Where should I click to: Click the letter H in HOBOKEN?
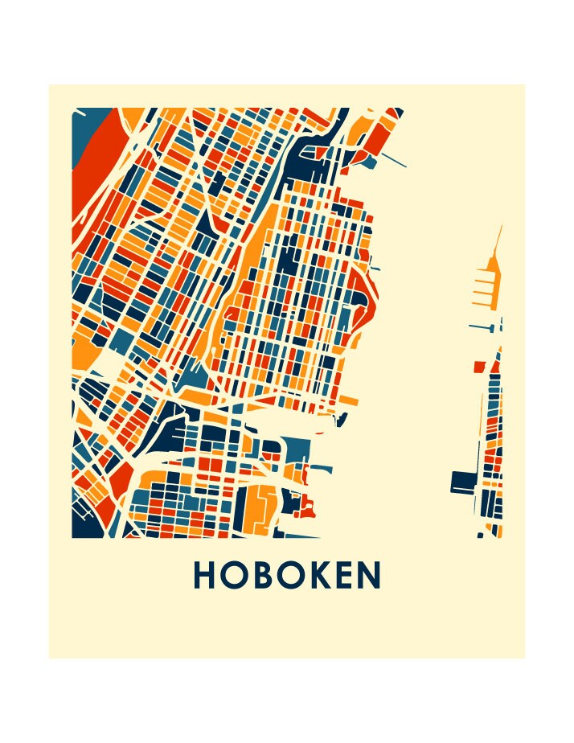204,575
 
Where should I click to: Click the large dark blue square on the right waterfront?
463,482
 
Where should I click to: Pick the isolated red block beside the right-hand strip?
479,367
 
